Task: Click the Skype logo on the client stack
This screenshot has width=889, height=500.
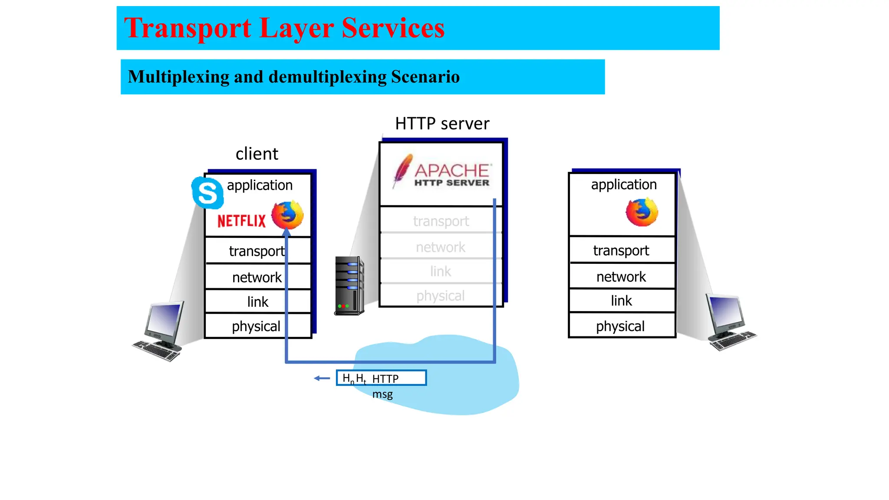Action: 207,193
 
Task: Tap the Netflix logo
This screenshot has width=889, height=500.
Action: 241,221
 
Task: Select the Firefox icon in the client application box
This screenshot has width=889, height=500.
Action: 287,215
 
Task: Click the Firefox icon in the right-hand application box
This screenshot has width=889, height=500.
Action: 642,212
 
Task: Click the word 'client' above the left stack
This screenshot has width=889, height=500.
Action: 257,154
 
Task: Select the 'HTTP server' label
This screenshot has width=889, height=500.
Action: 442,124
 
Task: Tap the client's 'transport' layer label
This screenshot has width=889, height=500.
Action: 257,251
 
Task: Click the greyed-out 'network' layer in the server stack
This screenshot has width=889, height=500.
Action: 440,247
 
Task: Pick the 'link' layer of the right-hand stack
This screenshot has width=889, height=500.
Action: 621,300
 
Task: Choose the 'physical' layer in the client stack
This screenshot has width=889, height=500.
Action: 256,326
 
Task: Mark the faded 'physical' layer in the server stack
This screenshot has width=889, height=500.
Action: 440,296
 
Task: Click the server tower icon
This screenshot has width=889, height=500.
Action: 349,286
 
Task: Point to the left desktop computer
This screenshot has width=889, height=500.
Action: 161,330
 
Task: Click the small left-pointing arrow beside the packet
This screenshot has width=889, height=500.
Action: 322,378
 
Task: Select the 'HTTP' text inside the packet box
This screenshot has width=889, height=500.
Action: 385,379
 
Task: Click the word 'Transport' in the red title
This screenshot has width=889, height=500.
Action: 188,28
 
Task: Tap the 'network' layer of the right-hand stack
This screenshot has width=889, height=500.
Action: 621,276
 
